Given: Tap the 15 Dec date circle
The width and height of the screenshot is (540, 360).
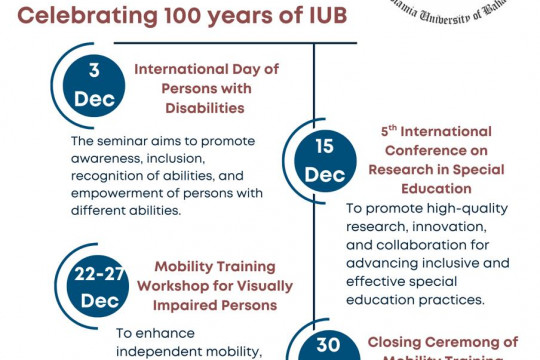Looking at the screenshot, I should (324, 160).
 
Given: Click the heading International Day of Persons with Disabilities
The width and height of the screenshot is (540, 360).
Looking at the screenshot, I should (206, 87).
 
